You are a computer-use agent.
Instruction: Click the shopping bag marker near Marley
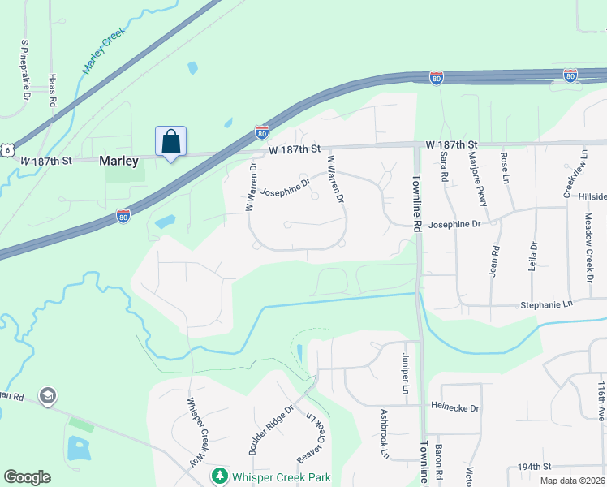[x=170, y=141]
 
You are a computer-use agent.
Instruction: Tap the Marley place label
[x=118, y=161]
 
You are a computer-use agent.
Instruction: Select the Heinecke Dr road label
[x=455, y=407]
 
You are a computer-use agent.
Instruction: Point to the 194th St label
[x=535, y=468]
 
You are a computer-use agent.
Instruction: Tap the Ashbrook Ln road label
[x=385, y=434]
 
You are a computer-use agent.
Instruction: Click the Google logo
[x=27, y=477]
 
